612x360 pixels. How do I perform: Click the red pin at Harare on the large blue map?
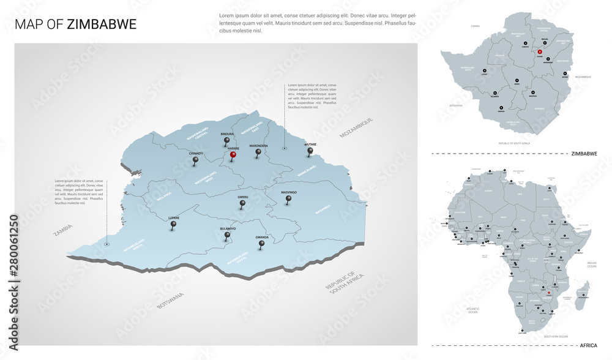tap(233, 156)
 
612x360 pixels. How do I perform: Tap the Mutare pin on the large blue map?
tap(310, 151)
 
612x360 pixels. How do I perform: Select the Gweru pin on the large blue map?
tap(242, 203)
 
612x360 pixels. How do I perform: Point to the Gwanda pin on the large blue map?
tap(262, 244)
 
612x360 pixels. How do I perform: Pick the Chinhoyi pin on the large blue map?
tap(196, 160)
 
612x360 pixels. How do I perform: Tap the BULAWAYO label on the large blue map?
tap(228, 228)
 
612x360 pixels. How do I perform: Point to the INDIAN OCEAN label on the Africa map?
tap(591, 264)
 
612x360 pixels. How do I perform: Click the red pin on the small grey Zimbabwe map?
tap(540, 52)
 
